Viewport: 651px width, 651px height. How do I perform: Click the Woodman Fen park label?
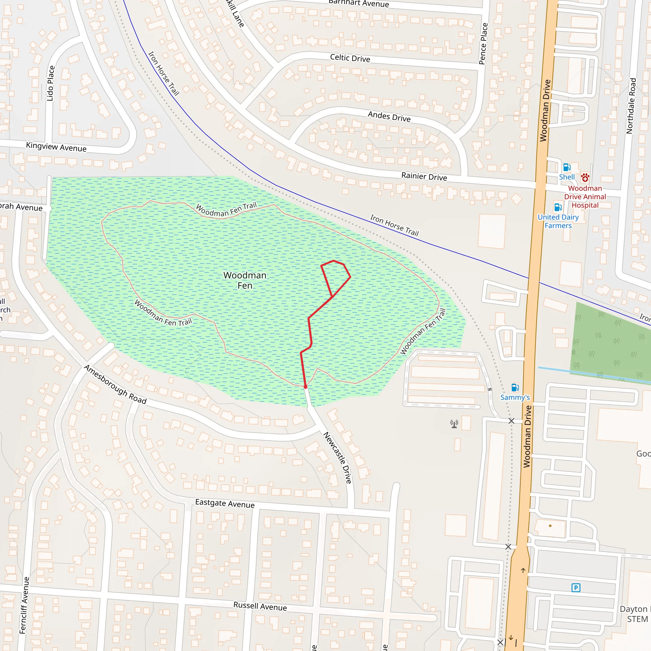pyautogui.click(x=245, y=280)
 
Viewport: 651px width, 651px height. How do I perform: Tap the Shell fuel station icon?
pyautogui.click(x=567, y=168)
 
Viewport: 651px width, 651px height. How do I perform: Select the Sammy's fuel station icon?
pyautogui.click(x=515, y=387)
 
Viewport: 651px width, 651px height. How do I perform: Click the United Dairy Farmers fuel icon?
pyautogui.click(x=558, y=207)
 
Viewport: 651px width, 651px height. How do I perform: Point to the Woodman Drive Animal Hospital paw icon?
pyautogui.click(x=585, y=177)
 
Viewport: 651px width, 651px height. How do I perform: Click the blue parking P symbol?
pyautogui.click(x=576, y=588)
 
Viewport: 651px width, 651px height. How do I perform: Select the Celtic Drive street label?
pyautogui.click(x=350, y=58)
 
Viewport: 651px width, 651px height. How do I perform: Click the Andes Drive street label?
pyautogui.click(x=389, y=117)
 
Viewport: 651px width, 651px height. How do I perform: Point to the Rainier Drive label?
pyautogui.click(x=424, y=176)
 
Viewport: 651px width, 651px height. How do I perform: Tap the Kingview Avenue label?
pyautogui.click(x=56, y=147)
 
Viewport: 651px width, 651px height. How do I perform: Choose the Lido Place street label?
pyautogui.click(x=51, y=83)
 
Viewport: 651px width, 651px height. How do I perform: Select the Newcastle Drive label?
pyautogui.click(x=337, y=458)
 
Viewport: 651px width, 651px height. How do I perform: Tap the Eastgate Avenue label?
pyautogui.click(x=225, y=504)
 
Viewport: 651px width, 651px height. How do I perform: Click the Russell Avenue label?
pyautogui.click(x=260, y=606)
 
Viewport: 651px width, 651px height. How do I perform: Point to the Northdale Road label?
pyautogui.click(x=631, y=106)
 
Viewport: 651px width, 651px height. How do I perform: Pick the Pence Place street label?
pyautogui.click(x=483, y=44)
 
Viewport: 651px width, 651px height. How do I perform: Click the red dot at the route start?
pyautogui.click(x=305, y=387)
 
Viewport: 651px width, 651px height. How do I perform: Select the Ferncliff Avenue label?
pyautogui.click(x=24, y=605)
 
